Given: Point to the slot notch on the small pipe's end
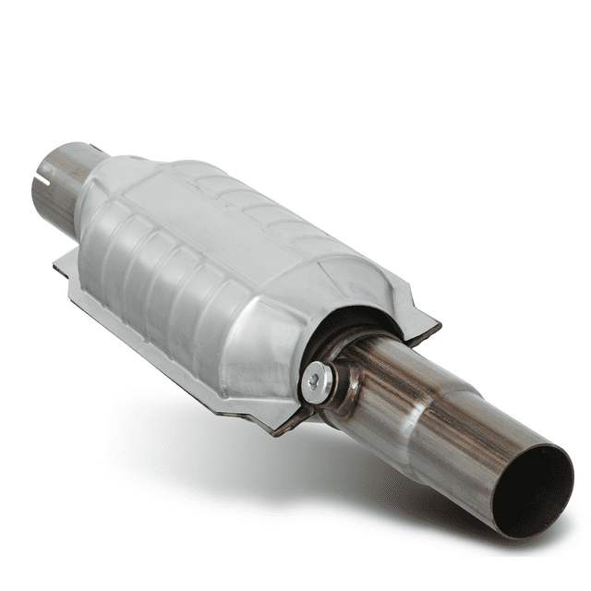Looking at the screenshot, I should pos(42,175).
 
